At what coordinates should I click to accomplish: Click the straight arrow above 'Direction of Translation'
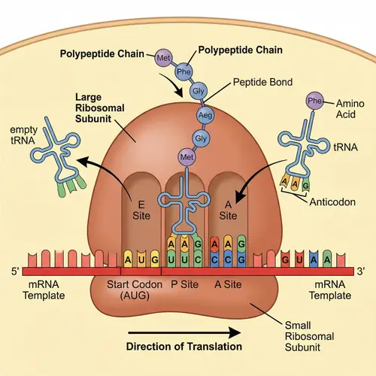click(x=184, y=330)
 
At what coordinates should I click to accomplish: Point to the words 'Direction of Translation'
click(x=184, y=347)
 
